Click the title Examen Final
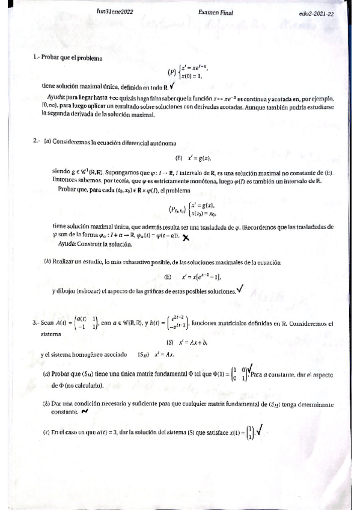tap(216, 12)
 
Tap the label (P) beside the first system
tap(172, 73)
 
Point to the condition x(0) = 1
tap(191, 77)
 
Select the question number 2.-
tap(37, 141)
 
